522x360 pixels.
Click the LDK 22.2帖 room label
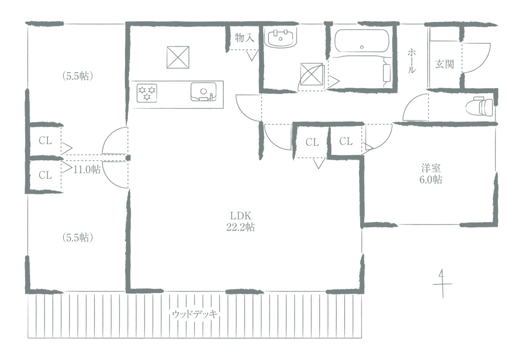[x=241, y=221]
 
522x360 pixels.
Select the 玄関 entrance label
[x=445, y=64]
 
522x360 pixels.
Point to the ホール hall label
[x=411, y=61]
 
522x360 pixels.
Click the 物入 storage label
[x=244, y=37]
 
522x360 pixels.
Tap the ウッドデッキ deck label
[x=195, y=314]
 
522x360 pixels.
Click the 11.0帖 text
[x=87, y=169]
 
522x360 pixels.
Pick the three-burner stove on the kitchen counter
[x=147, y=93]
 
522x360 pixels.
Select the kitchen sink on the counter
[x=204, y=92]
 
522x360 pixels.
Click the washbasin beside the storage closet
[x=280, y=38]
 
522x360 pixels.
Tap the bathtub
[x=362, y=41]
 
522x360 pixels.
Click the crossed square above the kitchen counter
[x=178, y=57]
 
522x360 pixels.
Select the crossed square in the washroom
[x=312, y=74]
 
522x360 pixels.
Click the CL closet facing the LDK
[x=312, y=142]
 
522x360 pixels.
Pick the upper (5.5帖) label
[x=78, y=76]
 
